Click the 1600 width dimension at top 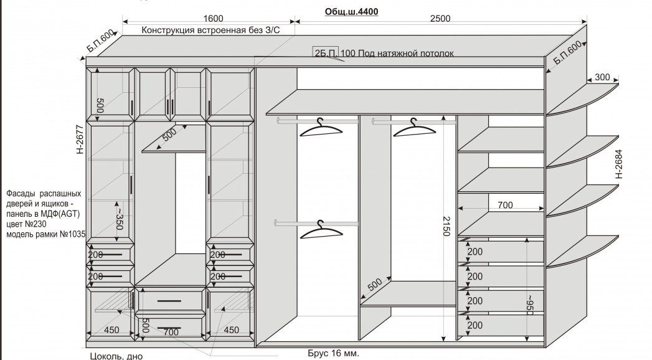click(212, 19)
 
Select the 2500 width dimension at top click(440, 19)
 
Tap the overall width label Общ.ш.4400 click(351, 11)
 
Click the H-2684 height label click(619, 164)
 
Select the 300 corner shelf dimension click(602, 77)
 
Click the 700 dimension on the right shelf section click(505, 204)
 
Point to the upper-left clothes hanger click(321, 128)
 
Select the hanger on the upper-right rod click(414, 128)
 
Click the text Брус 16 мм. click(333, 353)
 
